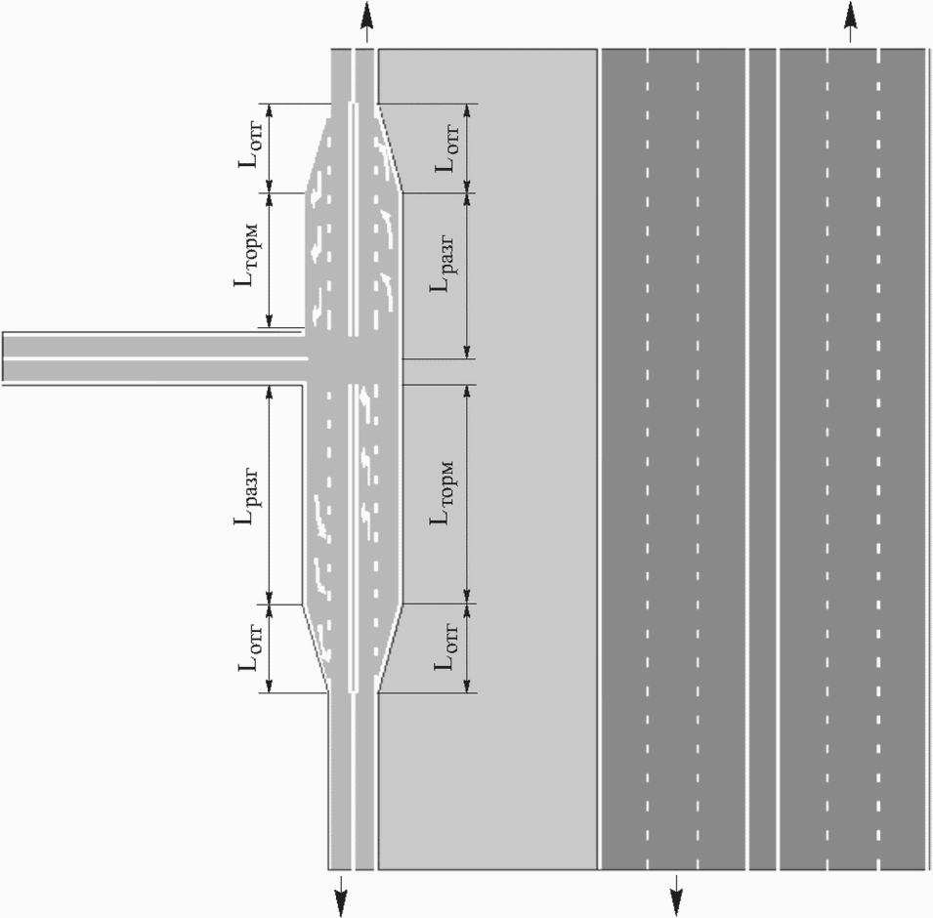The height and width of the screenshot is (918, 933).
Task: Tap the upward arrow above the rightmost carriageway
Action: pyautogui.click(x=851, y=20)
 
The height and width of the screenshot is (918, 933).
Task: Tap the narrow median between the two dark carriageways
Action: pyautogui.click(x=762, y=459)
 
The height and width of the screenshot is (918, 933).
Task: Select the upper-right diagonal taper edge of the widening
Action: pyautogui.click(x=389, y=147)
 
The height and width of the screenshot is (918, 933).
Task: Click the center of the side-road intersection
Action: pyautogui.click(x=353, y=357)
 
